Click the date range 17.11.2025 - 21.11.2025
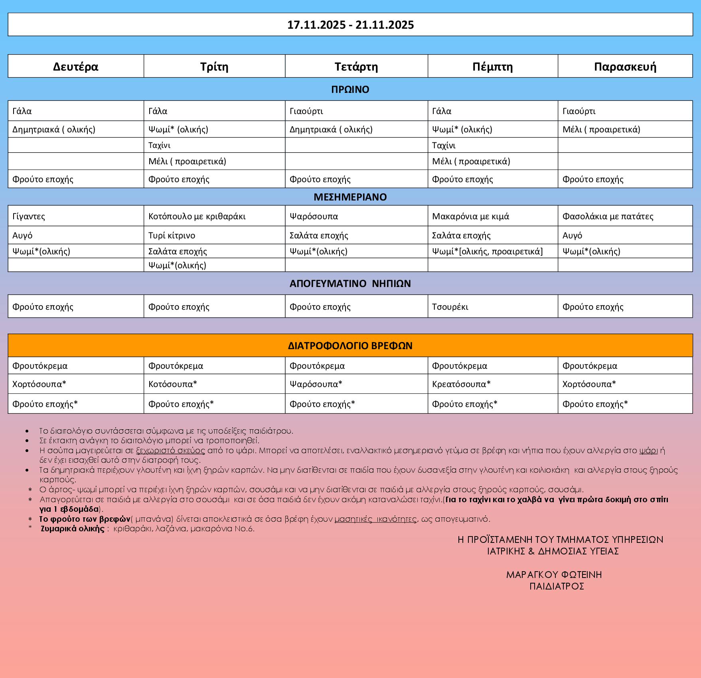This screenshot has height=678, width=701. coord(350,25)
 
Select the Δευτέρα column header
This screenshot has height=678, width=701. coord(75,66)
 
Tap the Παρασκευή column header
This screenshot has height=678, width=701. coord(625,66)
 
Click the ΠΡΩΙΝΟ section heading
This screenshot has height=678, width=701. coord(350,89)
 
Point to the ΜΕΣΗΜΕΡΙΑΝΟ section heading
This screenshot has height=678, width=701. coord(350,197)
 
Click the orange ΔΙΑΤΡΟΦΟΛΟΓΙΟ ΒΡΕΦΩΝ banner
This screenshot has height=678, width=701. coord(350,345)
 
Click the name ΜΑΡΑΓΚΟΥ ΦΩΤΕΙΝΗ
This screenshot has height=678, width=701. coord(554,574)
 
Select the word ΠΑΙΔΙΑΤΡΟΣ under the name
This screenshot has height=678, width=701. coord(557,586)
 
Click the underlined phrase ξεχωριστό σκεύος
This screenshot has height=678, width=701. coord(170,450)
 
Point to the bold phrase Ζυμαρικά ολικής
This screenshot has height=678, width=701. coord(73,529)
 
